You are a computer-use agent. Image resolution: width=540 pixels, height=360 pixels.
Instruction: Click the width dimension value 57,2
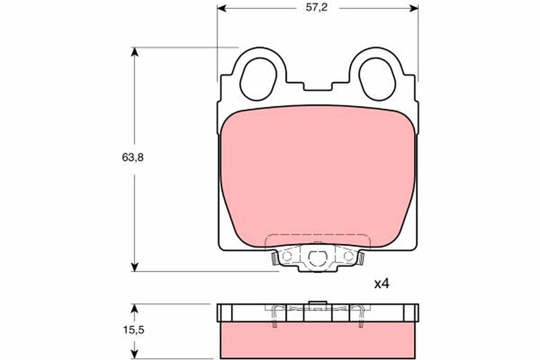pyautogui.click(x=318, y=8)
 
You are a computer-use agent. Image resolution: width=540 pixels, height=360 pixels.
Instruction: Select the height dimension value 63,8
pyautogui.click(x=134, y=157)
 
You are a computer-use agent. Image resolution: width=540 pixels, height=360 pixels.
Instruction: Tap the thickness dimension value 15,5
pyautogui.click(x=134, y=329)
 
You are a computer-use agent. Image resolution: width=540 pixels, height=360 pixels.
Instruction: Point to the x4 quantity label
pyautogui.click(x=381, y=284)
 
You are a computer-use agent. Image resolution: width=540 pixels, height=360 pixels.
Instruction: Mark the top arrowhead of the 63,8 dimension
pyautogui.click(x=134, y=51)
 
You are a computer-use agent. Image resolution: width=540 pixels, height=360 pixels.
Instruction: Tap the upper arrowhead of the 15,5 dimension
pyautogui.click(x=134, y=308)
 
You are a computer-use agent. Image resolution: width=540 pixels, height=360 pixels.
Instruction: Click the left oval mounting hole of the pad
pyautogui.click(x=258, y=79)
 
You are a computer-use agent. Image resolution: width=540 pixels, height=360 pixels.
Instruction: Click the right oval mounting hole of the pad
pyautogui.click(x=378, y=79)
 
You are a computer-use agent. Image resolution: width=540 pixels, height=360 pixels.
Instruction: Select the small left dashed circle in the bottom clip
pyautogui.click(x=287, y=256)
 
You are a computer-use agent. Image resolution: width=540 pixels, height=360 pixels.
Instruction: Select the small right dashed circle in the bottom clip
pyautogui.click(x=348, y=256)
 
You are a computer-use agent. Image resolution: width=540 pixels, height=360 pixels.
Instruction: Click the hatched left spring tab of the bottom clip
pyautogui.click(x=274, y=258)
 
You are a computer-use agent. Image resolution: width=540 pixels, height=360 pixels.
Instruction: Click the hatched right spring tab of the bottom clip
pyautogui.click(x=361, y=258)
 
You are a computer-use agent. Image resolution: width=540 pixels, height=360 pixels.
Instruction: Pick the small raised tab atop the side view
pyautogui.click(x=318, y=302)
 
